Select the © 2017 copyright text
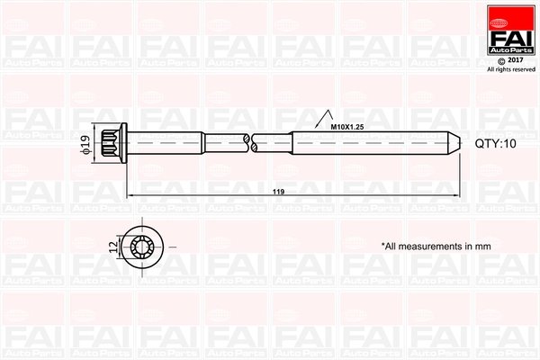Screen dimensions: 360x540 click(x=509, y=61)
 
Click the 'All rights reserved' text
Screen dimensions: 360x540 click(x=509, y=69)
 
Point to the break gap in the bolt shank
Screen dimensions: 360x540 click(x=249, y=144)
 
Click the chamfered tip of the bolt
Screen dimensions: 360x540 click(x=456, y=144)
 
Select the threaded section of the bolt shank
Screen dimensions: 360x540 click(x=369, y=144)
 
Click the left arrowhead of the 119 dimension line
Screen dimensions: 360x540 click(x=130, y=194)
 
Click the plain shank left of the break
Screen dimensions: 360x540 click(x=189, y=144)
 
